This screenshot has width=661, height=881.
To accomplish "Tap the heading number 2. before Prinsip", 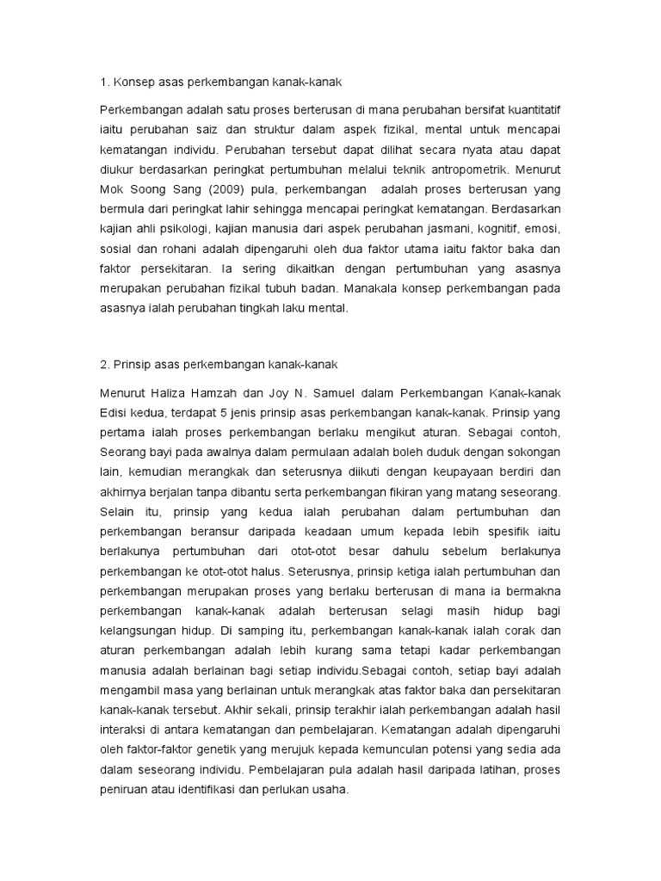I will tap(105, 364).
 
